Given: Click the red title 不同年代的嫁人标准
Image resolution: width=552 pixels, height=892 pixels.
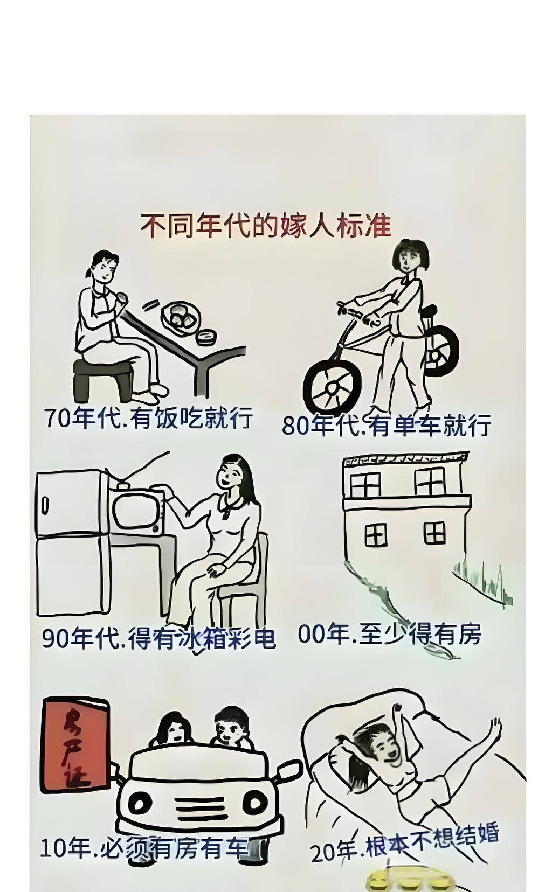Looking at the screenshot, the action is coord(265,226).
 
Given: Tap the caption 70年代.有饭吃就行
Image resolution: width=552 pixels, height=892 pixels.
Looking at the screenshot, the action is coord(149,417).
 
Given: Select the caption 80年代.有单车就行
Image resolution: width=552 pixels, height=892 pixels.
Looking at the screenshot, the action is coord(386,425).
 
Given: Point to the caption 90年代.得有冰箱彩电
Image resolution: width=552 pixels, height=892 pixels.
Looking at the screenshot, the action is coord(158,638).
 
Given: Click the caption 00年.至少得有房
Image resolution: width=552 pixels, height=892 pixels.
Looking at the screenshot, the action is coord(389,633).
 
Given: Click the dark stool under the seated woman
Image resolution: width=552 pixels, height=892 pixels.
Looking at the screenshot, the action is coord(103,380).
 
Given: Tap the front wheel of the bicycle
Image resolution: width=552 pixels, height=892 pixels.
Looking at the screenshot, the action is coord(332,385).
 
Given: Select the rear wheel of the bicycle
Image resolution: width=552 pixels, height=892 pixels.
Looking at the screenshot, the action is coord(441,351).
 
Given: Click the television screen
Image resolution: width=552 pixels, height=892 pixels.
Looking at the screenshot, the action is coord(136,511).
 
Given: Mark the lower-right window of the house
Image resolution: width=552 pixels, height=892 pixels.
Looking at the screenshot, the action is coord(434,533).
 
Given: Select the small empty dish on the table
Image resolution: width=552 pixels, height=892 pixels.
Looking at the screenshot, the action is coord(206,337).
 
